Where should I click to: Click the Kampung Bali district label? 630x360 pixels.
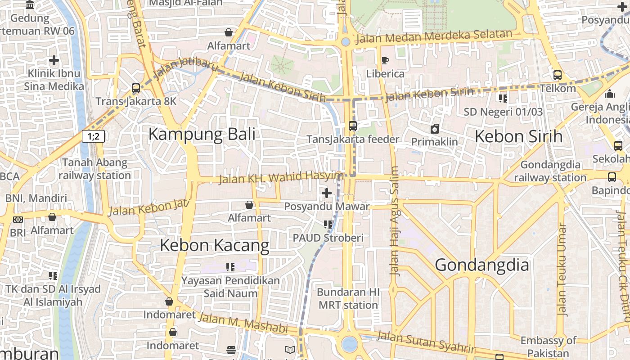click(202, 134)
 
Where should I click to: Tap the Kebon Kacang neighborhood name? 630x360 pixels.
click(215, 245)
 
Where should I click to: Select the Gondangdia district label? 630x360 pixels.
click(482, 265)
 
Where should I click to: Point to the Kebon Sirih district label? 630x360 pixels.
click(518, 136)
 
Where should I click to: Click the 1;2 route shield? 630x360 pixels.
click(93, 136)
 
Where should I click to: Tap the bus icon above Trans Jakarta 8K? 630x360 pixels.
click(136, 88)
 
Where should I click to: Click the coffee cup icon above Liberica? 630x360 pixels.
click(385, 60)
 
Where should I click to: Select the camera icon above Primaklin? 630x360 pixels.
click(434, 129)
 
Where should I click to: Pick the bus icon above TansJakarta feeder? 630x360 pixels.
click(353, 126)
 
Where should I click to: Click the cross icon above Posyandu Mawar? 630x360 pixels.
click(327, 193)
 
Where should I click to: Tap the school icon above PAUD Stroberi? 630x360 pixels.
click(328, 224)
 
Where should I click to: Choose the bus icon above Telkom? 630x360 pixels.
click(558, 75)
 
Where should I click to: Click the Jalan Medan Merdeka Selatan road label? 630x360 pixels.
click(434, 36)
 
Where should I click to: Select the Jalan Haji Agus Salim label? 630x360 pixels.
click(395, 220)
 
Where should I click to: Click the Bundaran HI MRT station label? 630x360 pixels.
click(348, 298)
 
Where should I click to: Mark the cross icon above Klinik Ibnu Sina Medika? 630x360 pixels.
click(54, 60)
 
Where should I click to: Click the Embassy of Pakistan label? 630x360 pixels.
click(548, 346)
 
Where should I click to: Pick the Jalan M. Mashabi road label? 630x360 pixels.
click(243, 324)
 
